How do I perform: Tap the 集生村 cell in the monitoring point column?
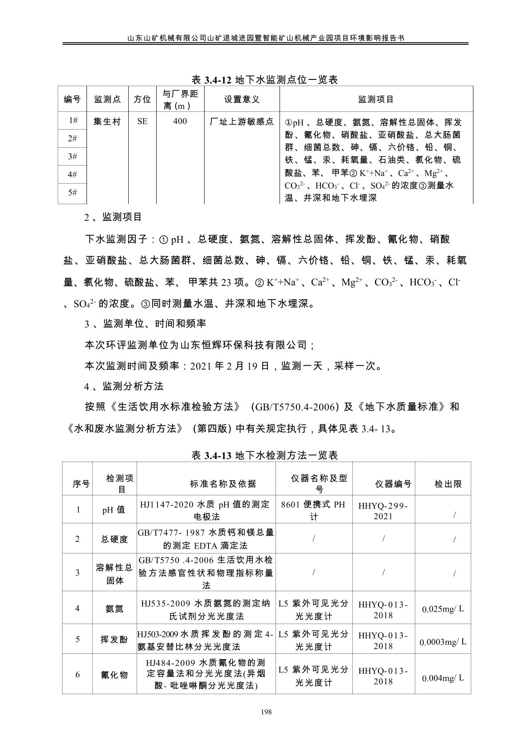107,122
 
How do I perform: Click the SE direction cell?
142,122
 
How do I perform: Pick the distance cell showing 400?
180,122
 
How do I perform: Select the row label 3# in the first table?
72,156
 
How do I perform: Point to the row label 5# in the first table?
72,193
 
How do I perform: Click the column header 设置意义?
241,99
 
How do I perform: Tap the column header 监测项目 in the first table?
376,99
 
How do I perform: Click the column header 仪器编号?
393,484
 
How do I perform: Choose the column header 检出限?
448,484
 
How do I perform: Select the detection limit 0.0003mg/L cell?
443,642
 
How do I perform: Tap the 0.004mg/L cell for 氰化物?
443,678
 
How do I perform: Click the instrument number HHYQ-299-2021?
383,510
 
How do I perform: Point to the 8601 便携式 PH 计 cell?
313,510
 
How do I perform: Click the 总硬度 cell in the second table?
114,539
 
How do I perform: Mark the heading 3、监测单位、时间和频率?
145,324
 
